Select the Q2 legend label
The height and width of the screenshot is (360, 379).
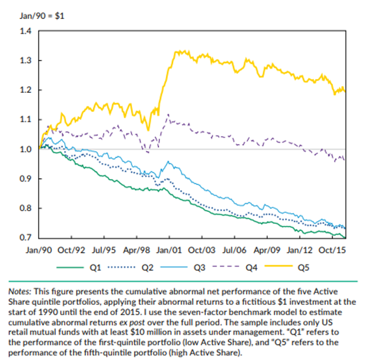point(148,268)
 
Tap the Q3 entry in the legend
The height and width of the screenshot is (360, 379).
point(199,268)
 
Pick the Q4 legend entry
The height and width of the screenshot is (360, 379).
point(250,268)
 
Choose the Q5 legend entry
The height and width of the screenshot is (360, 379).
point(302,268)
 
